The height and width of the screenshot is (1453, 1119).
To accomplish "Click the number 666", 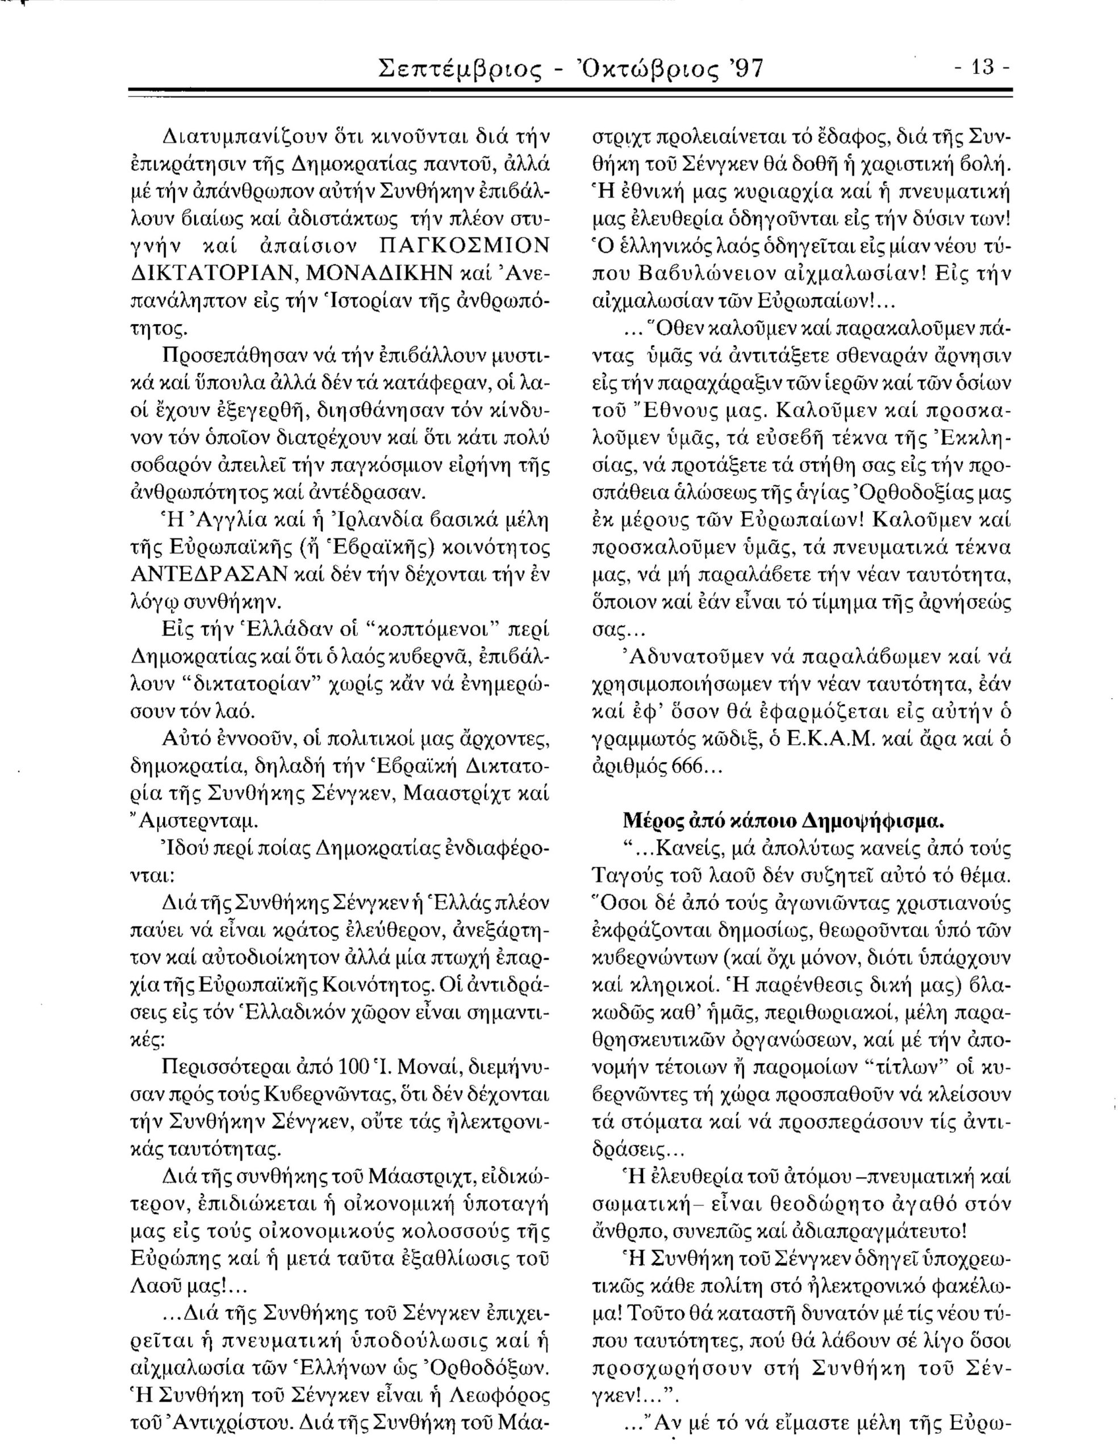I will coord(694,766).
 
